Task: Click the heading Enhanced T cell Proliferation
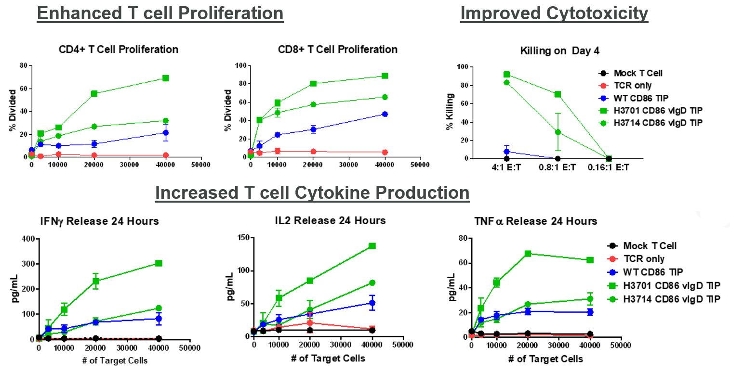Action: [x=160, y=13]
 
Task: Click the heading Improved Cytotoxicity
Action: [x=554, y=13]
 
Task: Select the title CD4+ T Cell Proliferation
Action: [x=119, y=50]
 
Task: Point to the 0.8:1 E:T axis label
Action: [x=557, y=168]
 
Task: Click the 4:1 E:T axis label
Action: [x=506, y=168]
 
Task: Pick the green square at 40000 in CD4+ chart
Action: [x=165, y=78]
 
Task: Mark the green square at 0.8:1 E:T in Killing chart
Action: [x=557, y=94]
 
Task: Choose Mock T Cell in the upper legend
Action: [x=637, y=74]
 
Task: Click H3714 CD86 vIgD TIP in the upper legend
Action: [x=658, y=123]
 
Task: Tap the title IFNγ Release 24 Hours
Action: [x=100, y=221]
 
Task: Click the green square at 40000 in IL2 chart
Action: [x=372, y=246]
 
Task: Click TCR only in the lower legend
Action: [x=644, y=258]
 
